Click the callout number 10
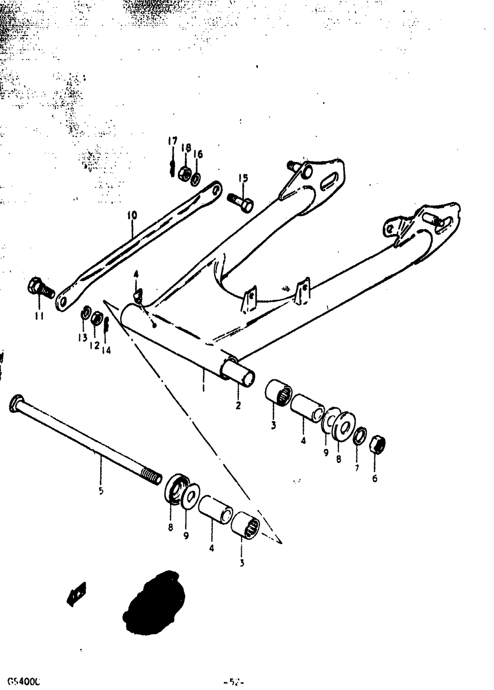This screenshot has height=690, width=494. tap(132, 215)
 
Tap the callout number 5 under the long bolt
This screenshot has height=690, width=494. tap(101, 491)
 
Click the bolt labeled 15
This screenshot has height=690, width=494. tap(241, 201)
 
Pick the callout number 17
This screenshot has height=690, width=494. tap(171, 142)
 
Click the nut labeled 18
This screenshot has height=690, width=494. tap(185, 173)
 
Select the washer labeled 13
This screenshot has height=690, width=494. tap(85, 314)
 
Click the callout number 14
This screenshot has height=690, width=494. tap(106, 350)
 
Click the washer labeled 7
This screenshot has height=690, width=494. tap(361, 436)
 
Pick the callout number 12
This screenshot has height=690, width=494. tap(94, 346)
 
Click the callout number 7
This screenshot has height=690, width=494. tap(357, 467)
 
